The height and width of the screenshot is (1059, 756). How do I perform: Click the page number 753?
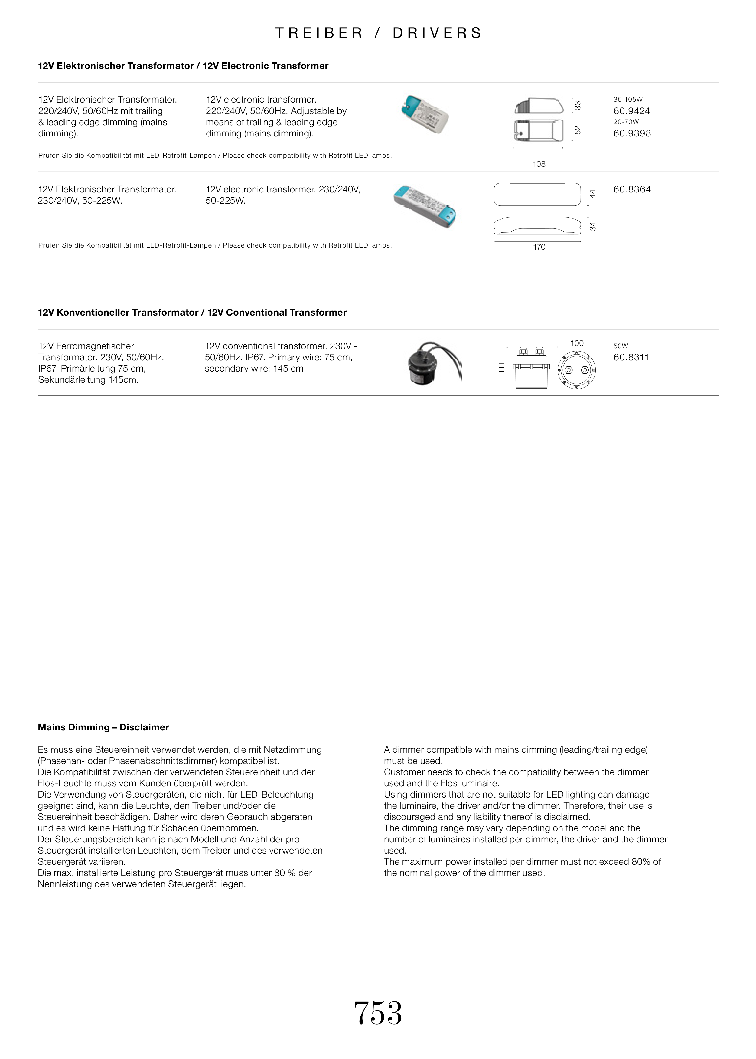378,1012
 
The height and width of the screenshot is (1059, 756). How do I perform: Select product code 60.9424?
631,111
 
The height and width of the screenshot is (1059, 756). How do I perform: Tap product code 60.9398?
632,133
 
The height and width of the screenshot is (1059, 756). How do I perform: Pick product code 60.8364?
632,189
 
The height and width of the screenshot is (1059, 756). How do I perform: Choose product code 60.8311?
631,357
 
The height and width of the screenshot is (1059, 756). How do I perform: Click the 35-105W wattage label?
627,100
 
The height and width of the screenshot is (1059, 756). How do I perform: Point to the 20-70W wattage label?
626,122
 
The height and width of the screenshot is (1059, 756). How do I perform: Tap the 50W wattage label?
621,346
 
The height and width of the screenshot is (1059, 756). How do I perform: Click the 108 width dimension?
539,164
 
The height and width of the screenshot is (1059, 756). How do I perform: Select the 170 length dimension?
539,247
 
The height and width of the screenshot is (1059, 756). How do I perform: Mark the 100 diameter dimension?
576,343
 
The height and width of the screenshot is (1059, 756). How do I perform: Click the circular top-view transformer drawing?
576,370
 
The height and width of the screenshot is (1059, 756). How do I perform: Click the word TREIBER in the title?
319,33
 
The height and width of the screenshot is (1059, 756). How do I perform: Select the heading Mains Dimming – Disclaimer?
103,727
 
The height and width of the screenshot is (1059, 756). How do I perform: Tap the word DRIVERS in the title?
437,33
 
